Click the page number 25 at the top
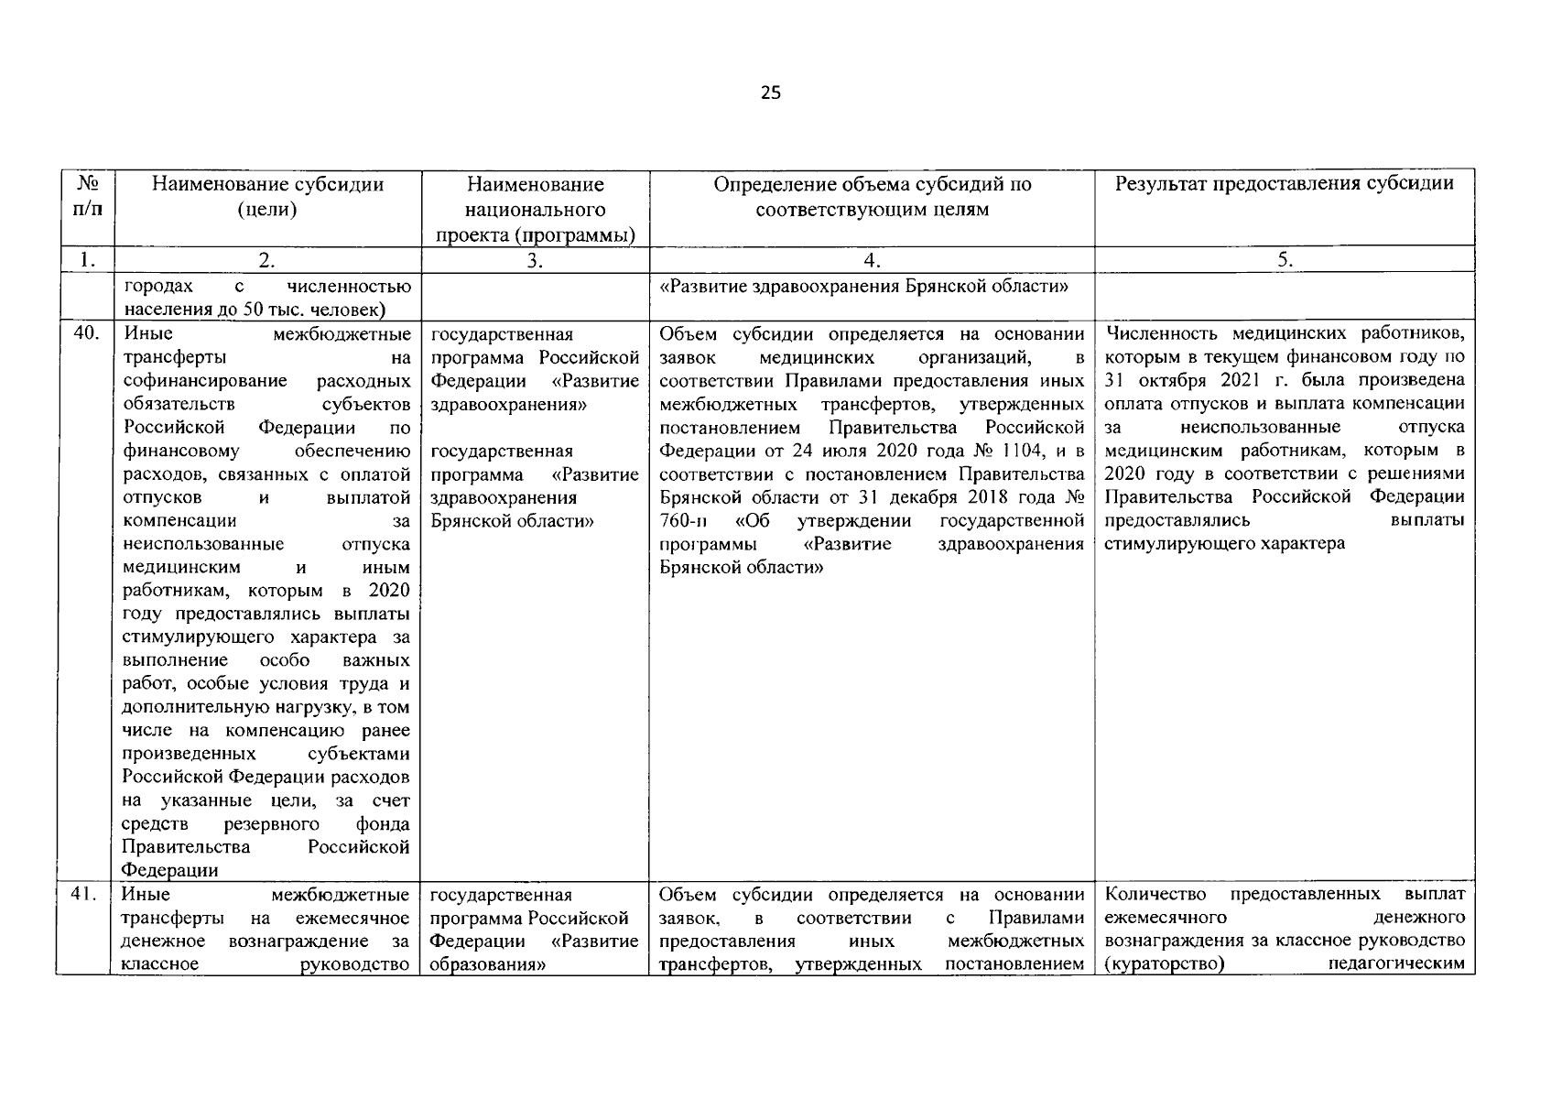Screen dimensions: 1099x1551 click(770, 92)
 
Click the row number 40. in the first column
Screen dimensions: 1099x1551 click(85, 333)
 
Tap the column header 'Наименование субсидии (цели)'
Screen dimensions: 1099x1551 click(266, 196)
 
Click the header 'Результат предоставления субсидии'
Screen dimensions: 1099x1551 click(1284, 183)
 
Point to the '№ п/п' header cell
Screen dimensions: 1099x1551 click(87, 196)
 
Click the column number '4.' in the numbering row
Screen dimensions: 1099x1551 click(872, 260)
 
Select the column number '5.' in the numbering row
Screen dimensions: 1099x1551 click(1285, 260)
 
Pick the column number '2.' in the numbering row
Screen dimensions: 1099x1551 click(266, 260)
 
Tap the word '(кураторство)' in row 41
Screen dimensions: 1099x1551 click(1165, 964)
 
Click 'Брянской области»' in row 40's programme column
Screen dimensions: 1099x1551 click(512, 521)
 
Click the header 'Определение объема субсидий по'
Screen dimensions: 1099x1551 click(872, 184)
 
